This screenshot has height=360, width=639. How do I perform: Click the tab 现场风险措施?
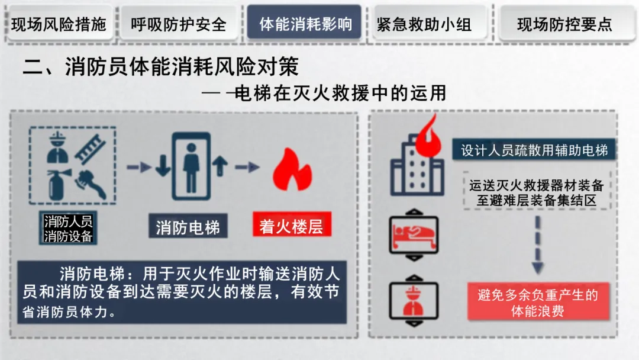click(59, 24)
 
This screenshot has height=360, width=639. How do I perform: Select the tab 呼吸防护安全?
click(179, 24)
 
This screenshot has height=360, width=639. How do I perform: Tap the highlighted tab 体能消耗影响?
click(304, 24)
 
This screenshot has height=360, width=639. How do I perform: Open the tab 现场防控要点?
click(564, 24)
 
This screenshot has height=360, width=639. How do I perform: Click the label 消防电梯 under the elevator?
click(188, 228)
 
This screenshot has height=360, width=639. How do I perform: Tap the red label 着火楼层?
click(291, 227)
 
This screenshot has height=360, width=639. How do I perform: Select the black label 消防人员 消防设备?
click(69, 229)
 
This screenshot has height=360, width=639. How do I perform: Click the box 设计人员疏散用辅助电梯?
click(534, 150)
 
